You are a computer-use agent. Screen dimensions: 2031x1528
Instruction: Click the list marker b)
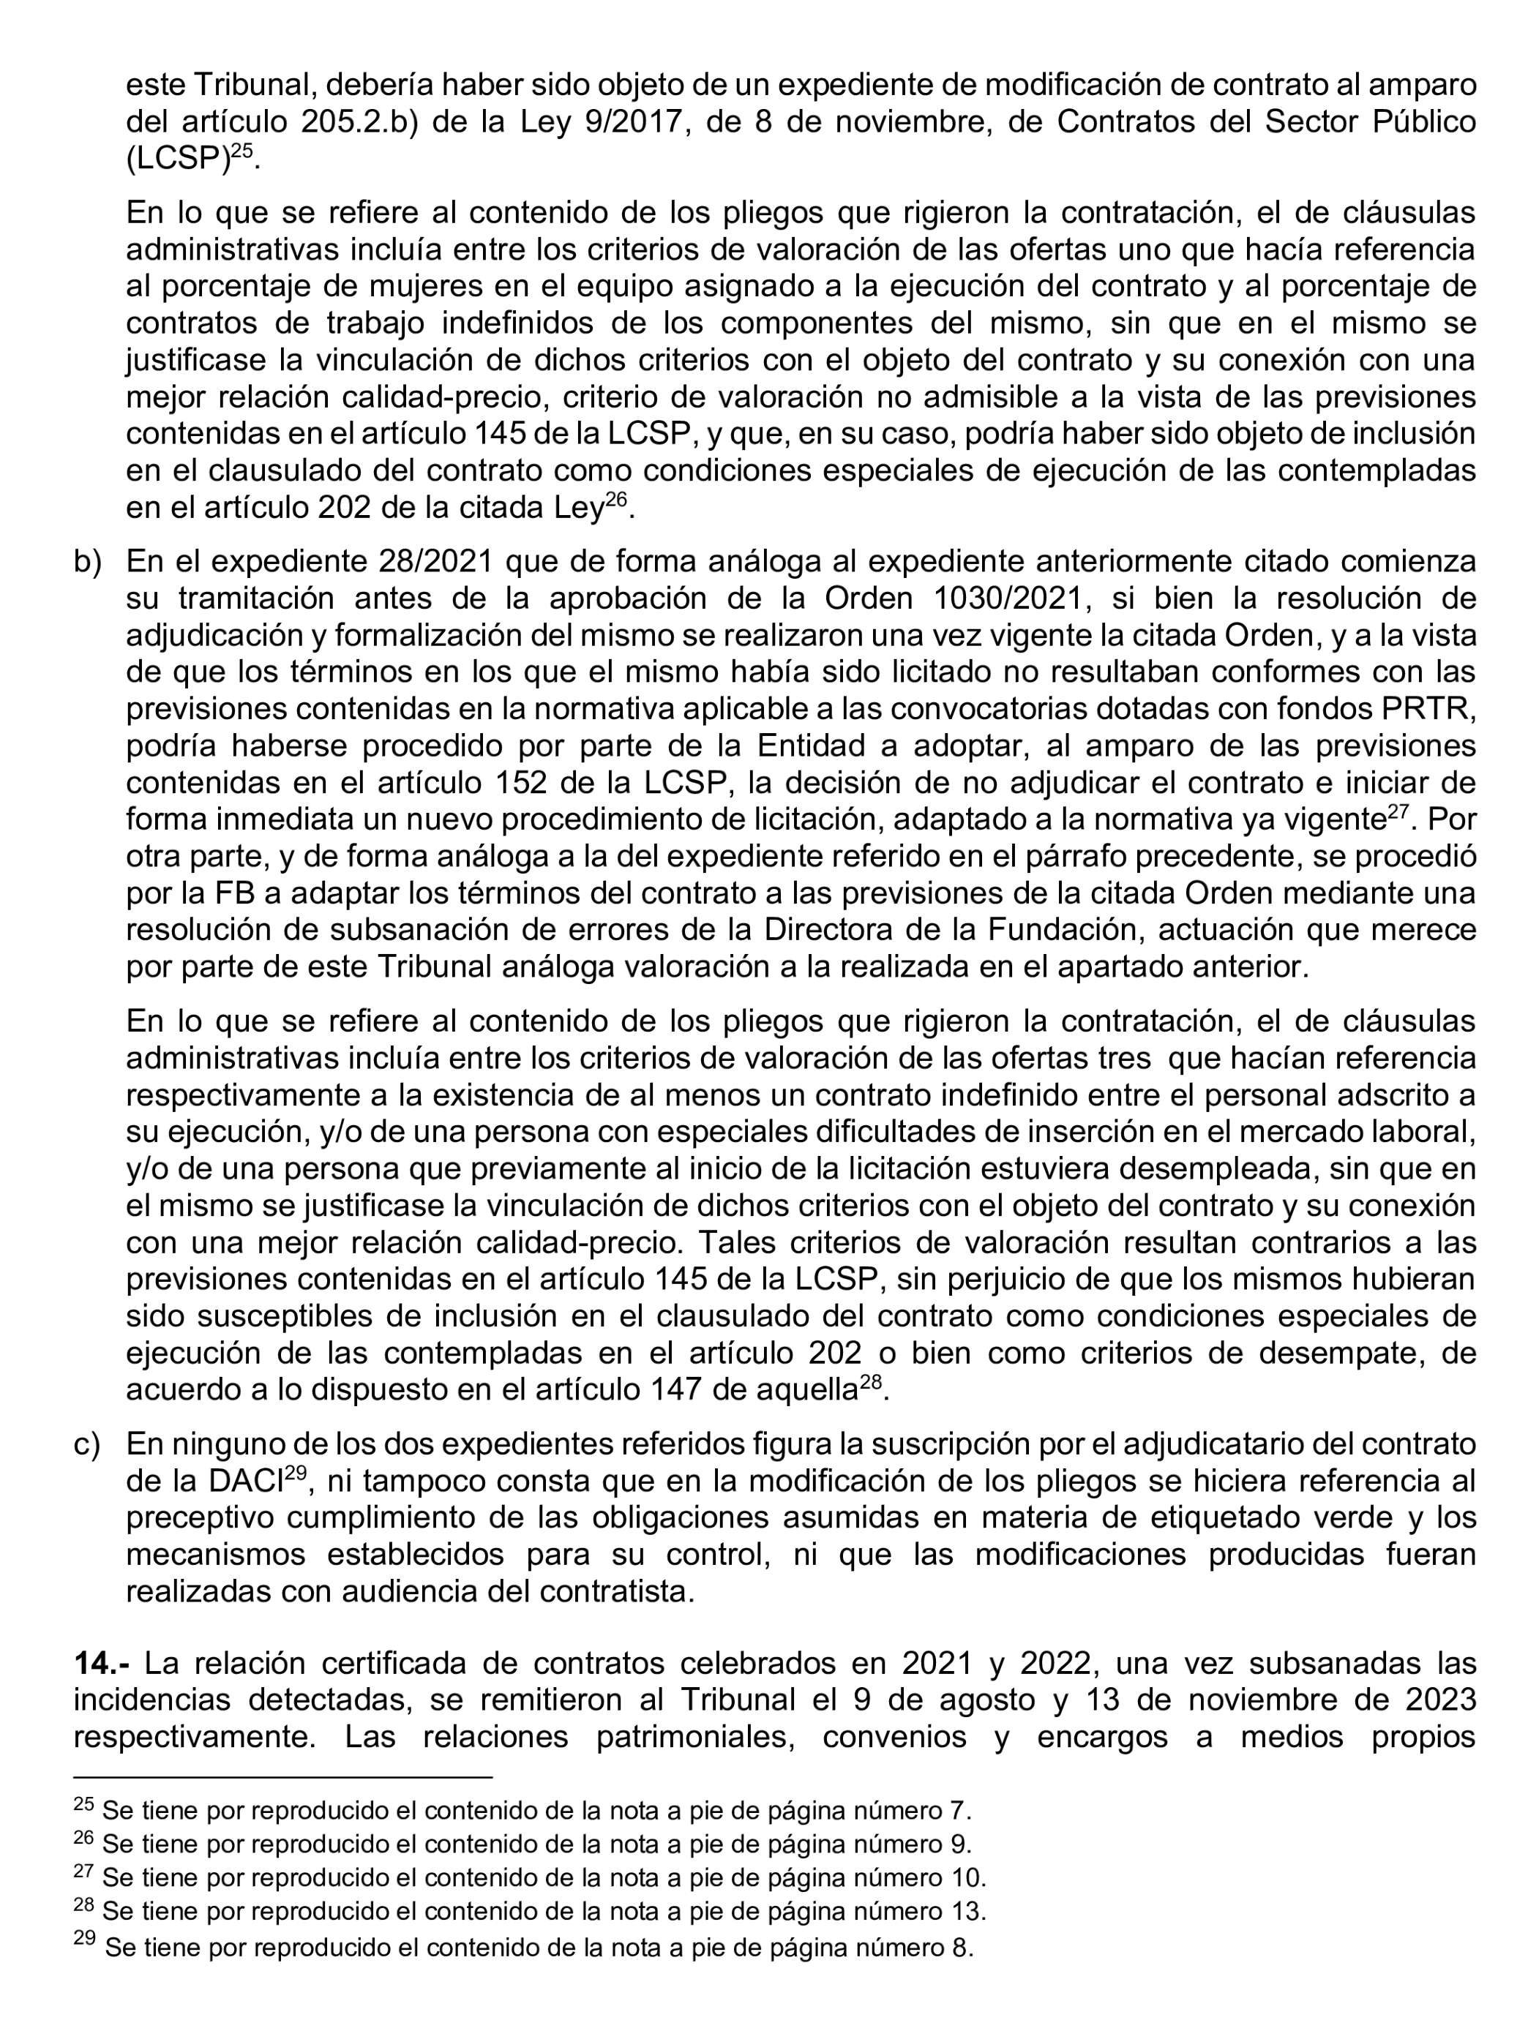point(87,561)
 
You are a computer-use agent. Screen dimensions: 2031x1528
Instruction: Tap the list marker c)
point(86,1444)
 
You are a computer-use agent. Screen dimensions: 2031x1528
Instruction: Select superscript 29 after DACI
point(295,1472)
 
